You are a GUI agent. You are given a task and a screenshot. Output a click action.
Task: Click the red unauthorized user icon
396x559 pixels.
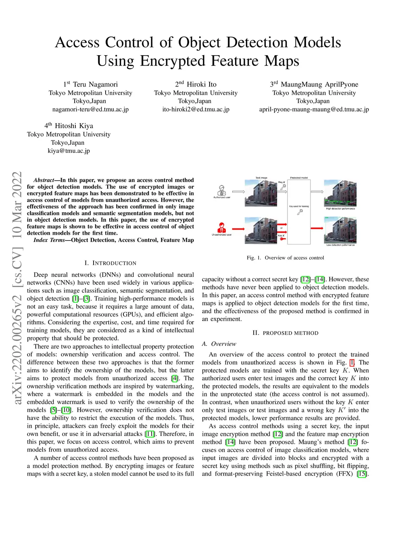coord(222,227)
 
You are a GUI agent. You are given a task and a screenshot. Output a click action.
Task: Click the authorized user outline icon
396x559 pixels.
coord(222,190)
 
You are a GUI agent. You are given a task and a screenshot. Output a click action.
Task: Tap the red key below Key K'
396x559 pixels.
coord(282,239)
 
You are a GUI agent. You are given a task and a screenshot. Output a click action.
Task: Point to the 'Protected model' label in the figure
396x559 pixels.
coord(299,178)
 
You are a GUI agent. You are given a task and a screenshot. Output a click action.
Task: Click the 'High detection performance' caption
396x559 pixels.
coord(340,208)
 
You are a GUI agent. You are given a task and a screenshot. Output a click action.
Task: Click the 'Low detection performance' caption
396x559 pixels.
coord(340,245)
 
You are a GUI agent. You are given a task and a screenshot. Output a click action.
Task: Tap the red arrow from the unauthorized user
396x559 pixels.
coord(238,229)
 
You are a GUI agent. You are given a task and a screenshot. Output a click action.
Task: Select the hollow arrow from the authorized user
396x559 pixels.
coord(239,191)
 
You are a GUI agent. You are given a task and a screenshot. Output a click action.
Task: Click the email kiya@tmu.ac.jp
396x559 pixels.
coord(69,151)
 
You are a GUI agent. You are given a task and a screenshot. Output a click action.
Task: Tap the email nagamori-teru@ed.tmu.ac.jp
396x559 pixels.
coord(90,109)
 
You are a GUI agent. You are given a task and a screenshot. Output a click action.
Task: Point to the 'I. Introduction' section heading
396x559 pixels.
coord(110,263)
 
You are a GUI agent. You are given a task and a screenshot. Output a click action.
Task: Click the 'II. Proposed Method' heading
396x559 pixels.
coord(285,333)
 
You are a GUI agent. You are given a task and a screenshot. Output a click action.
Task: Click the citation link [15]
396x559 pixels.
coord(362,474)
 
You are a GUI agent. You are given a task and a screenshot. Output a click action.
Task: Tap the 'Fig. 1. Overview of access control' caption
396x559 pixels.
coord(285,257)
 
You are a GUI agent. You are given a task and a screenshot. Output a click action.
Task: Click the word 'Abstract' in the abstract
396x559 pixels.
coord(44,180)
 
